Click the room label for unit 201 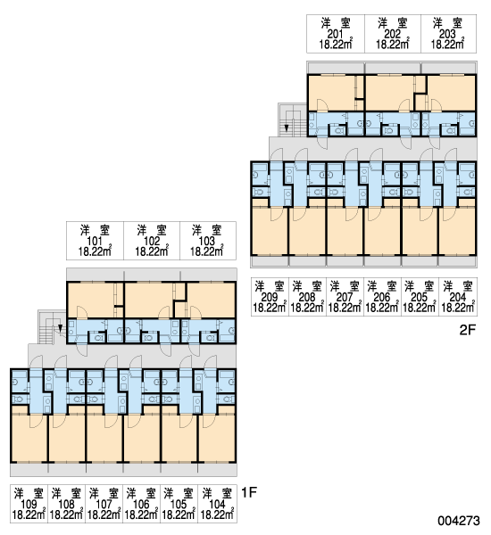coord(336,34)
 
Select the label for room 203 coord(448,34)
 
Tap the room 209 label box coord(270,297)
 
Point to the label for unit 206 coord(382,297)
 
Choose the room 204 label coord(458,297)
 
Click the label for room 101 coord(95,241)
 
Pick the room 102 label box coord(152,241)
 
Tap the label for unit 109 coord(29,504)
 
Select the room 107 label coord(104,504)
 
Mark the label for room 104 coord(217,504)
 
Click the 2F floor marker coord(468,330)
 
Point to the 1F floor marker coord(249,492)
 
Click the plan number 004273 coord(459,521)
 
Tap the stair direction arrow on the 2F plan coord(287,128)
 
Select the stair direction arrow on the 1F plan coord(60,328)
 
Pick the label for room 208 coord(307,297)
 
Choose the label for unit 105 coord(179,504)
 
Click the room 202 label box coord(393,34)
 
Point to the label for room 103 coord(208,241)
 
